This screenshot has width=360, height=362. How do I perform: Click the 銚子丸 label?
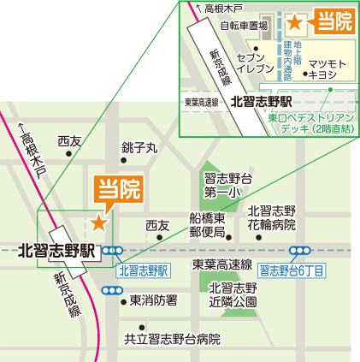[x=139, y=148]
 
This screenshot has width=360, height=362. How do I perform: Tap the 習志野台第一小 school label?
[x=227, y=185]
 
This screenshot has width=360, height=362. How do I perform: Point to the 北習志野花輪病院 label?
[x=271, y=217]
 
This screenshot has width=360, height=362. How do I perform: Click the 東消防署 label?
[x=153, y=300]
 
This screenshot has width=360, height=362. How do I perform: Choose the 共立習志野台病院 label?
[x=172, y=339]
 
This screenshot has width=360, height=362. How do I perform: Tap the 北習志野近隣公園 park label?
[x=233, y=294]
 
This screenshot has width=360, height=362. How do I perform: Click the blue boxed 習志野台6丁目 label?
[x=292, y=270]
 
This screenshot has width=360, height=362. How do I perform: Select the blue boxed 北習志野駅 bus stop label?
[x=144, y=270]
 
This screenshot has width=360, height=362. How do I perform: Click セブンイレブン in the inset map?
[x=255, y=62]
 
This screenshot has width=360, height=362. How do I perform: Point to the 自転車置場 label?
[x=244, y=26]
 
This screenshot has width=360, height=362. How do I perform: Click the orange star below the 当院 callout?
[x=99, y=223]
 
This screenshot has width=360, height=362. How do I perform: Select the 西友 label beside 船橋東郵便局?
[x=157, y=225]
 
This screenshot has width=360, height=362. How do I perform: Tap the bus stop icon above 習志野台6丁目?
[x=300, y=252]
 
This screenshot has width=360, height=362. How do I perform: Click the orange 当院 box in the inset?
[x=333, y=21]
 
